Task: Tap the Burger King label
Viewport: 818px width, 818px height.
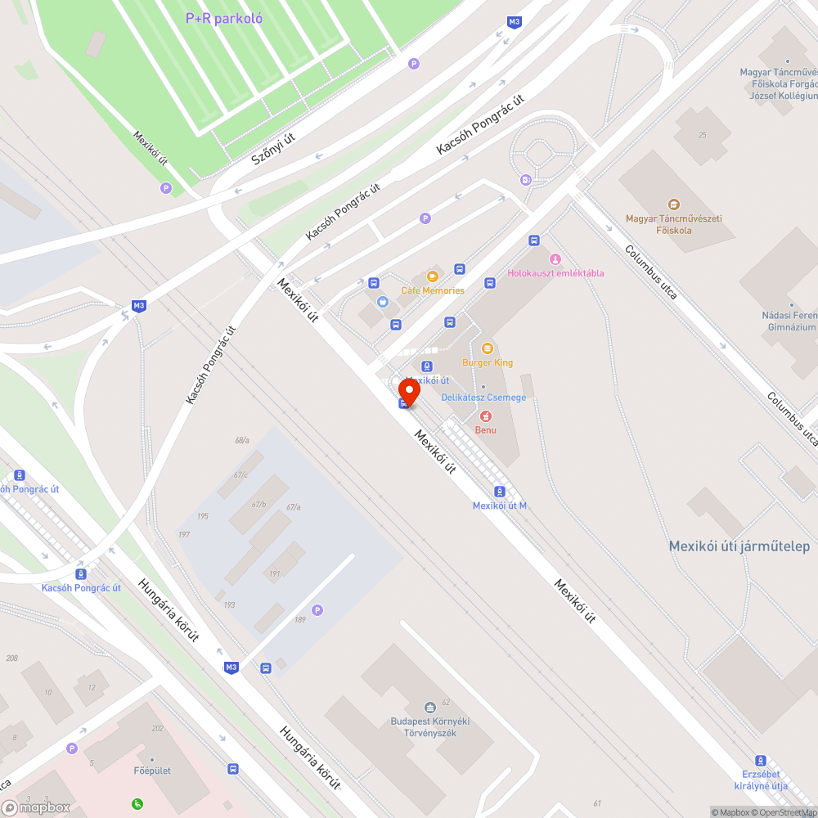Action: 488,362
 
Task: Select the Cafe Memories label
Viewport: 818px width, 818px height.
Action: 432,290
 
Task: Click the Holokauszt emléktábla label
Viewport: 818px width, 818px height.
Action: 555,273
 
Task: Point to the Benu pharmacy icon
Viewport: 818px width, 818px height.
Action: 486,416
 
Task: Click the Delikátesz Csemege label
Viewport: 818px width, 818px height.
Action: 483,398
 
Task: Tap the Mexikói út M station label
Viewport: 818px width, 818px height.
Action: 499,506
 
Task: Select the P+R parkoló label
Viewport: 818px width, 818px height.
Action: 223,18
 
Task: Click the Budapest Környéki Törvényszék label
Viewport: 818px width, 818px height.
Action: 429,727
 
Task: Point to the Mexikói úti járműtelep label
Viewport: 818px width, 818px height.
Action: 739,546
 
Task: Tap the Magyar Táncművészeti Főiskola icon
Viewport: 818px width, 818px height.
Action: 673,204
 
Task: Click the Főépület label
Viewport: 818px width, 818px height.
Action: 151,771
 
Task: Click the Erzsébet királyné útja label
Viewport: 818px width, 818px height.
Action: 760,780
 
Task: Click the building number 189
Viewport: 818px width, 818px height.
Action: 299,620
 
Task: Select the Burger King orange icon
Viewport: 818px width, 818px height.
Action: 488,348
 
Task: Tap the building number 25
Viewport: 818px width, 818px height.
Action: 702,135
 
